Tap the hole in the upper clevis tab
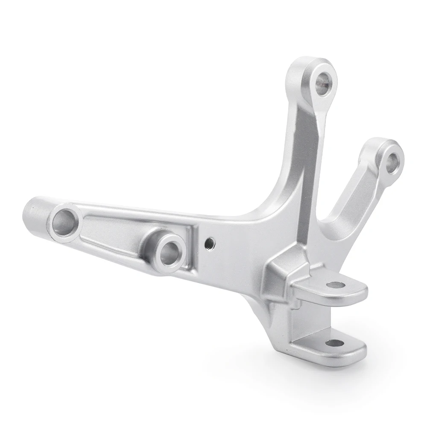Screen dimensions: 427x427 pos(336,285)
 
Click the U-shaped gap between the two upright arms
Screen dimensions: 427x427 pos(337,188)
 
